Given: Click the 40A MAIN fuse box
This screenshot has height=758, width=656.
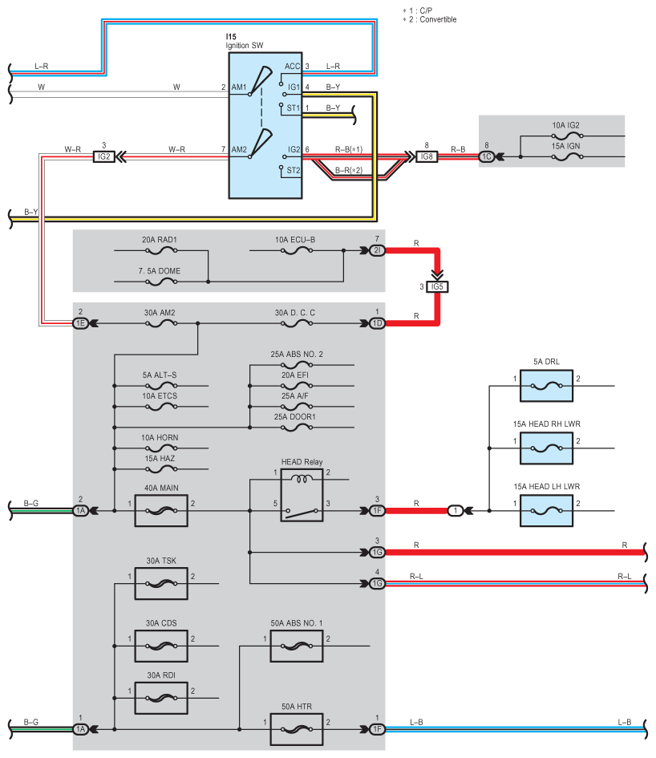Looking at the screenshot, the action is [x=161, y=510].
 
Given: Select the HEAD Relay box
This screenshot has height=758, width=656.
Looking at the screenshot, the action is [x=302, y=495].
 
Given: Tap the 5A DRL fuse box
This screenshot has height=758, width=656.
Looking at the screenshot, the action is [x=546, y=386].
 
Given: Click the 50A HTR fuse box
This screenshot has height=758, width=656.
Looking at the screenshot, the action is [x=297, y=729].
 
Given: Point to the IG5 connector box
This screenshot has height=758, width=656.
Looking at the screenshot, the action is [x=437, y=286].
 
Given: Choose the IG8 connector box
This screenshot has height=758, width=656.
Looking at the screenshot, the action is [x=427, y=156].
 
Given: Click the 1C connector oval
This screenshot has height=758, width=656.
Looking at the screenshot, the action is [x=486, y=156].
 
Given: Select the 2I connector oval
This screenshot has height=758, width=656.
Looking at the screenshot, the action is [x=377, y=250].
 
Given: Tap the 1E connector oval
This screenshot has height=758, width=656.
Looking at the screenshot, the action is [x=80, y=323].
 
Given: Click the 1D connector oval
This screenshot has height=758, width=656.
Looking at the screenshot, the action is [x=377, y=323].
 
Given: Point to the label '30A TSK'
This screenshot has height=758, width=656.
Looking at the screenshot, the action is [x=161, y=561].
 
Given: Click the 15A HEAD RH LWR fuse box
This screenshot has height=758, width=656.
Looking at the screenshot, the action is [x=546, y=448].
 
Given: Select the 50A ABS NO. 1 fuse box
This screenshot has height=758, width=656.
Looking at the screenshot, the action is [x=297, y=646].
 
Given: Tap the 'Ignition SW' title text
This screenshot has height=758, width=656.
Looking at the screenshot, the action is [x=244, y=46].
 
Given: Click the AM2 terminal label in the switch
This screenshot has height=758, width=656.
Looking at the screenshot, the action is [x=239, y=149].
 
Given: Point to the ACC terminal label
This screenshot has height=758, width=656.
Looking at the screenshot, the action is [x=292, y=67].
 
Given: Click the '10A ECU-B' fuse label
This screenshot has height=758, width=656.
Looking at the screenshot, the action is [x=295, y=240].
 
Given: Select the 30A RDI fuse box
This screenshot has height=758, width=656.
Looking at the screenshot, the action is [x=161, y=698].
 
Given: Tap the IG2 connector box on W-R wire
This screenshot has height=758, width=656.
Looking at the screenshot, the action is [x=104, y=156].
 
